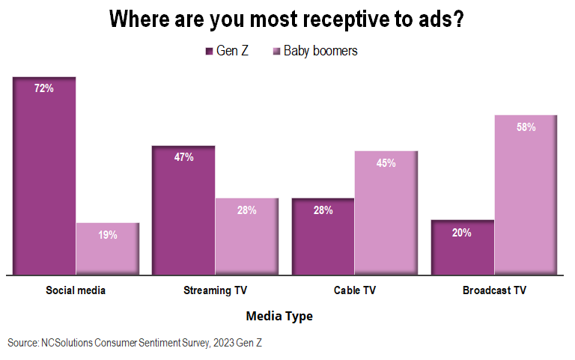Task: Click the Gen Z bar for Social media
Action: point(44,176)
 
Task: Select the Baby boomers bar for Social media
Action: point(107,248)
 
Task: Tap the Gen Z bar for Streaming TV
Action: point(183,210)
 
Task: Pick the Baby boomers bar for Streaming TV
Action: point(246,237)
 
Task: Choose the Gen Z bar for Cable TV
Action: point(323,237)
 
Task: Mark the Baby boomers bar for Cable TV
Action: point(386,213)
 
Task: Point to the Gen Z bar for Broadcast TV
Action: point(462,247)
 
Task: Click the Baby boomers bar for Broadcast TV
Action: point(525,195)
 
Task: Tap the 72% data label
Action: point(44,88)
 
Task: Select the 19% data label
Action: point(107,235)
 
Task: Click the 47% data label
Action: point(183,157)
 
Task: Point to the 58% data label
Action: point(525,127)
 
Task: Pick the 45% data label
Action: point(386,163)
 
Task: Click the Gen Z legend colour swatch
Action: point(210,52)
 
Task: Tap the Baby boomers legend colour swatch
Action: point(276,52)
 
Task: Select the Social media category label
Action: point(76,290)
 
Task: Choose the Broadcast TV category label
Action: point(493,290)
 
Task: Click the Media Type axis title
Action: point(279,316)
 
